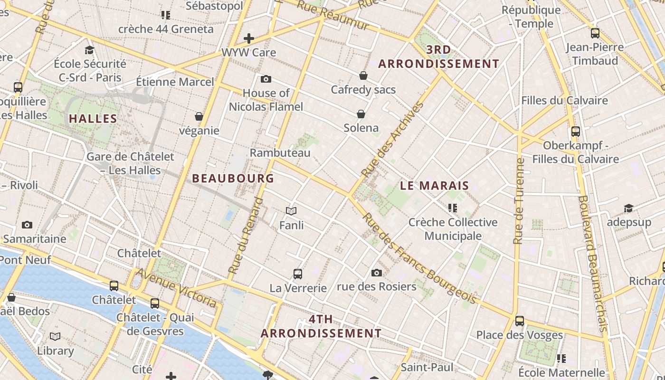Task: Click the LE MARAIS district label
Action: coord(434,186)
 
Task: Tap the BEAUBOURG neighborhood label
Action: coord(233,178)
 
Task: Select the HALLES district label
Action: coord(93,119)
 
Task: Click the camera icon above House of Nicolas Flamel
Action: coord(266,79)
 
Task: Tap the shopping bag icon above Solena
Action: coord(361,114)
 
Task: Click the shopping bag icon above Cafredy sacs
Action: coord(363,76)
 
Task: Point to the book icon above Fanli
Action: coord(291,211)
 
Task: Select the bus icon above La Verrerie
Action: coord(298,274)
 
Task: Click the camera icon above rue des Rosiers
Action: coord(377,273)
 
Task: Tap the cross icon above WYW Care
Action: coord(249,38)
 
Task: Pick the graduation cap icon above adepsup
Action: coord(628,209)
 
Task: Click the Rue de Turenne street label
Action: coord(519,201)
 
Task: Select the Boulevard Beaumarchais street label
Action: coord(593,264)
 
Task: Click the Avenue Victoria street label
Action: coord(176,287)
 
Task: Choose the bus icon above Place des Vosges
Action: coord(520,321)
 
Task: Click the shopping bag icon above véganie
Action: coord(199,116)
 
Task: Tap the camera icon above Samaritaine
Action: coord(27,225)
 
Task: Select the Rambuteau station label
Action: coord(280,153)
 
